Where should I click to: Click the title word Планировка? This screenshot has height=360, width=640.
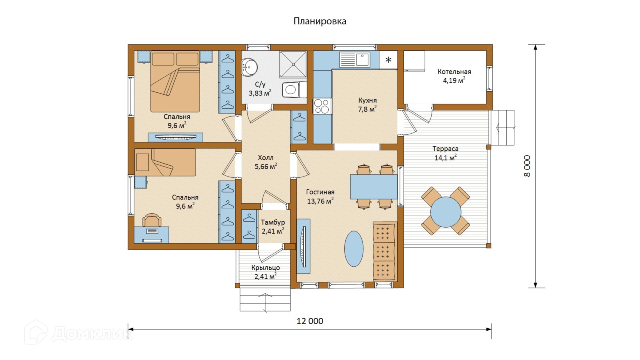[320, 22]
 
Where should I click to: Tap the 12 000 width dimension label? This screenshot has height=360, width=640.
[310, 321]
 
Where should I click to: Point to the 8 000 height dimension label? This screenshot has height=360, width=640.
[527, 166]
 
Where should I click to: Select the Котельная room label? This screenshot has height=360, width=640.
[454, 72]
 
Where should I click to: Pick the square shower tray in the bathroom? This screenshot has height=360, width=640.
[293, 64]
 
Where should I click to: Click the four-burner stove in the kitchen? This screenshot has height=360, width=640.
[322, 106]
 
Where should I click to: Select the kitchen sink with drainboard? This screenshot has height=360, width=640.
[354, 60]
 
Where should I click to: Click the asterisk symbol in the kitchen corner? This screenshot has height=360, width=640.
[388, 60]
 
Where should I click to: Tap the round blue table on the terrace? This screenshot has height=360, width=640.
[446, 212]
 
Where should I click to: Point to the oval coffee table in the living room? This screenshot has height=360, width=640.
[354, 248]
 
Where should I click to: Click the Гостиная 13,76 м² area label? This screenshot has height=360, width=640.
[320, 196]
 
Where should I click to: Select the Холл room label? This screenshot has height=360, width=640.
[266, 158]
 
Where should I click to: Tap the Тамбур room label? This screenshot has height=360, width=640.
[273, 222]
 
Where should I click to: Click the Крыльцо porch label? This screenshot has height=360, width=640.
[266, 268]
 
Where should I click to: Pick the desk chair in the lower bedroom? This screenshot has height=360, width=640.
[152, 220]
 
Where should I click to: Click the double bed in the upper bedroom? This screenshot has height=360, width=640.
[175, 82]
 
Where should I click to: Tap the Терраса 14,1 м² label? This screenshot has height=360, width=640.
[446, 153]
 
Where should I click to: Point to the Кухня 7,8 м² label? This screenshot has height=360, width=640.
[368, 105]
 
